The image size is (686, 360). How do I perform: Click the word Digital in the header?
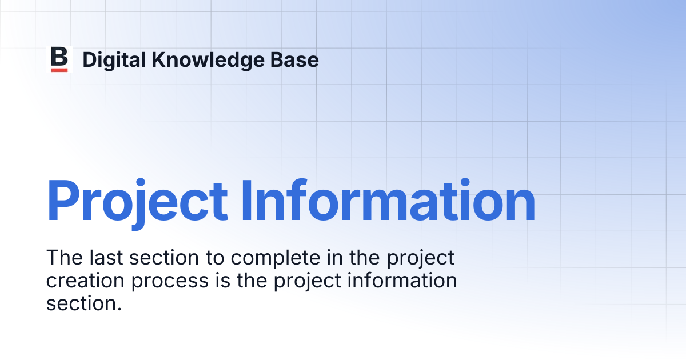click(114, 59)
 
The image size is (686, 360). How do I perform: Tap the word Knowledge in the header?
click(208, 59)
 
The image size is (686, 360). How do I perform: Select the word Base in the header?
click(294, 60)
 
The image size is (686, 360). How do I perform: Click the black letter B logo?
click(59, 57)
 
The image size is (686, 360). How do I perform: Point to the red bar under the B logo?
click(59, 70)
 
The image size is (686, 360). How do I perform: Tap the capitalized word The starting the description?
click(65, 258)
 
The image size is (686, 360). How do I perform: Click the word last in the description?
click(106, 258)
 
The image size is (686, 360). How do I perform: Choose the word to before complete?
click(215, 258)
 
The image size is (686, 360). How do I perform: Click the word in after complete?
click(335, 258)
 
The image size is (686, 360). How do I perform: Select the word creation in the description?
click(85, 281)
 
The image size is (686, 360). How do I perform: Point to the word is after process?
click(222, 281)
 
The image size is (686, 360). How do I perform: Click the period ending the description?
click(119, 309)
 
